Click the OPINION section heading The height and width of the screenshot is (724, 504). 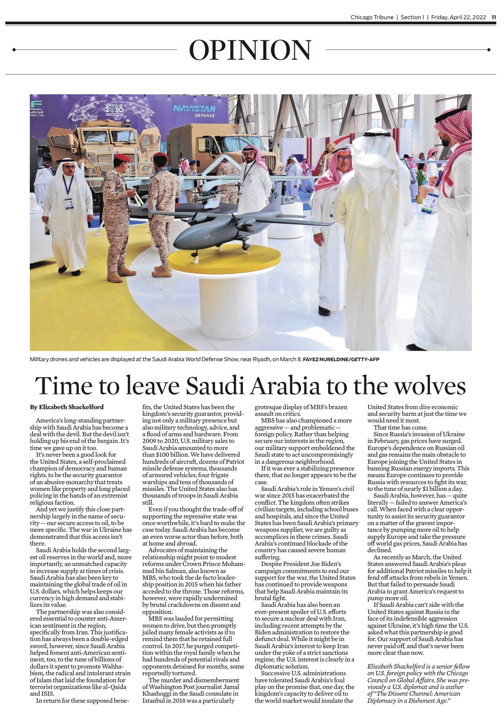coord(250,50)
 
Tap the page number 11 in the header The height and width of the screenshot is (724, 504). coord(494,17)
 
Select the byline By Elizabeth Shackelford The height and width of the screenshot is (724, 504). coord(67,407)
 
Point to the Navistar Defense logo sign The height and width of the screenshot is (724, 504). coord(194,110)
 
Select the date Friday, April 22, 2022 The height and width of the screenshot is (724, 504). coord(458,17)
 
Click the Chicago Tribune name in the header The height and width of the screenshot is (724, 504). coord(372,17)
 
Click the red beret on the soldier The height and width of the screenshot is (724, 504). coord(122,158)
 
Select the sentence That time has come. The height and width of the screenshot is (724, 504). coord(400,427)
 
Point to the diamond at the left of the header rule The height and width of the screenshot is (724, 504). coord(14,50)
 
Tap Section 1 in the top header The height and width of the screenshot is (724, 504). coord(413,17)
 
